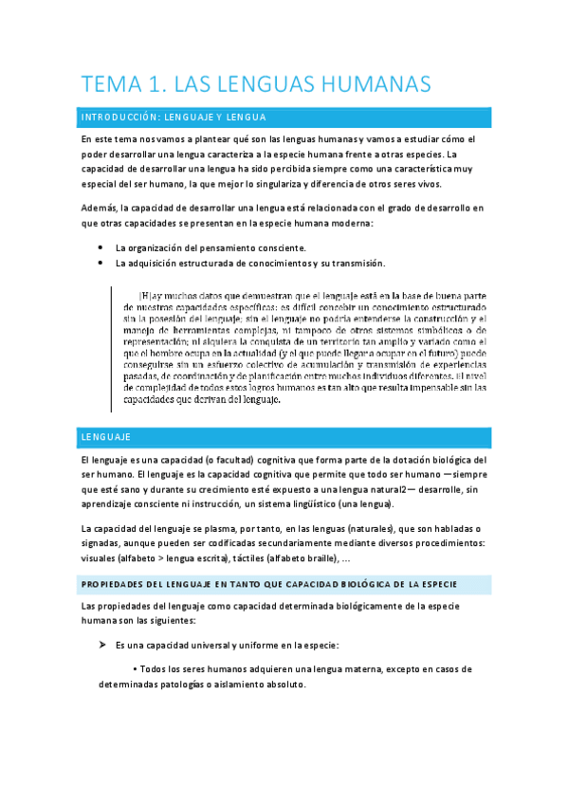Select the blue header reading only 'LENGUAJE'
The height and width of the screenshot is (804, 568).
click(x=106, y=437)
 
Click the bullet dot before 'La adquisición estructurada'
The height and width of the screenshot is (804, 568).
click(x=101, y=263)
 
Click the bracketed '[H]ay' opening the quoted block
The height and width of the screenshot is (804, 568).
click(x=152, y=294)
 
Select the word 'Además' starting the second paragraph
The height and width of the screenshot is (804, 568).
click(x=101, y=208)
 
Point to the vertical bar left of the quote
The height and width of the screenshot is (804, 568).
click(x=114, y=347)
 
